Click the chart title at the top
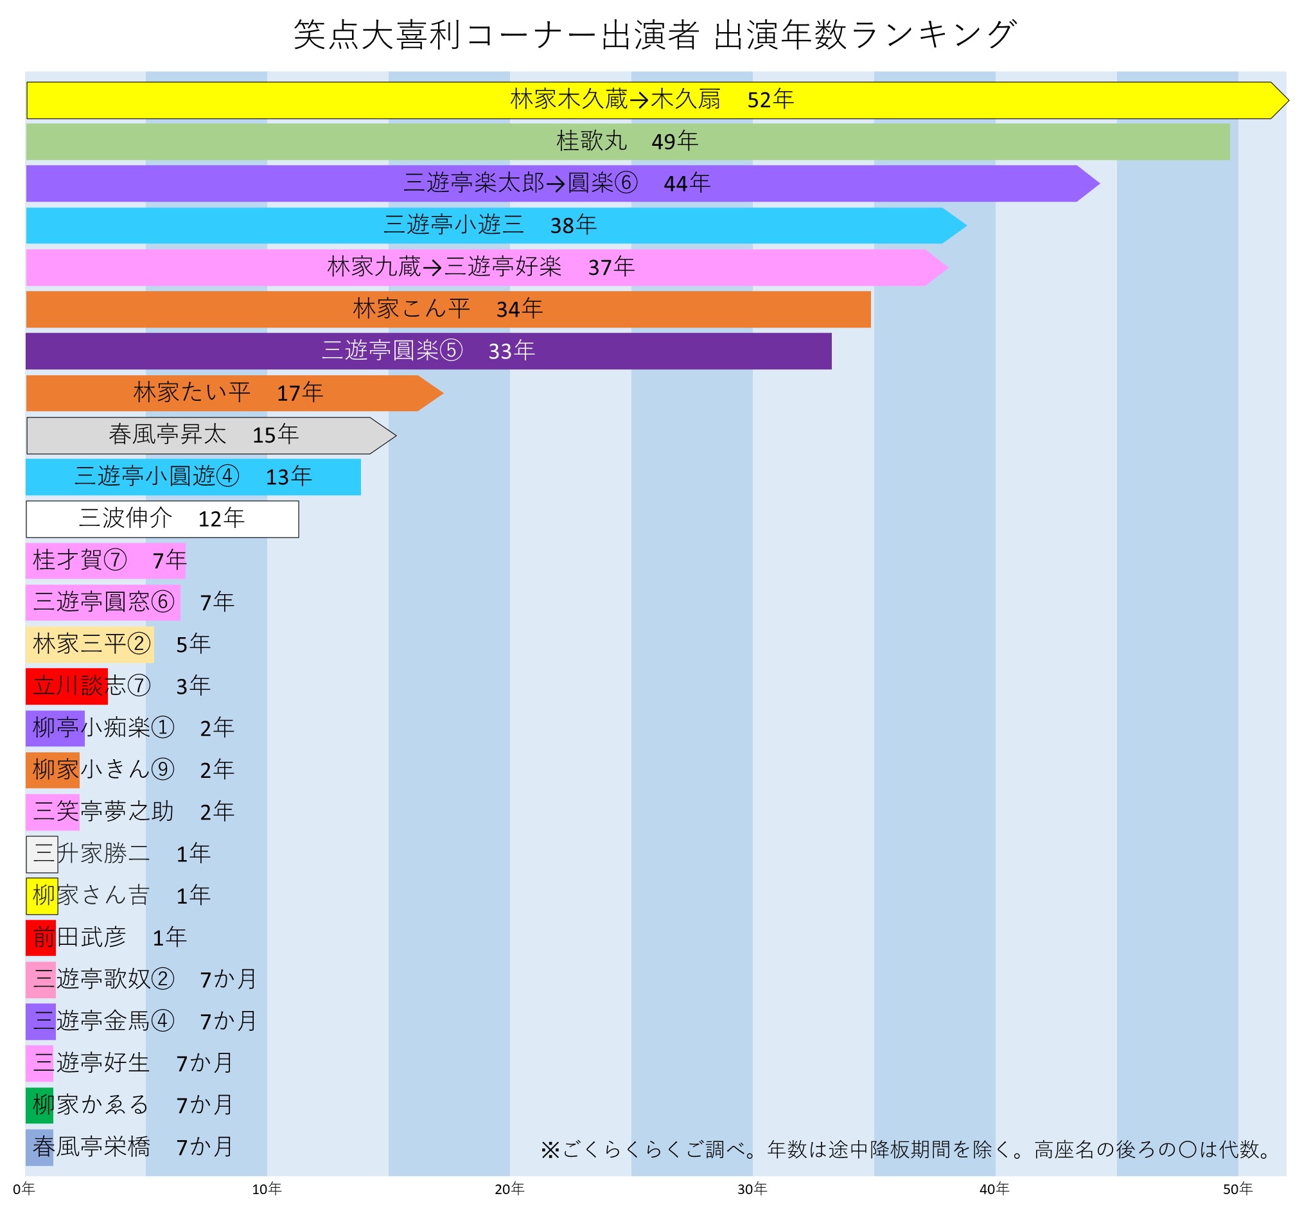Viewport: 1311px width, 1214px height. tap(655, 34)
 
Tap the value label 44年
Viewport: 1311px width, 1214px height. tap(687, 183)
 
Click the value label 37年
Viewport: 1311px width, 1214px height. tap(611, 267)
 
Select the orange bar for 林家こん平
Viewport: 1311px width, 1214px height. tap(197, 310)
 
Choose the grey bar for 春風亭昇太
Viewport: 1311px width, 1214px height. tap(66, 435)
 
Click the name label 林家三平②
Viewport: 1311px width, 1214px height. tap(92, 644)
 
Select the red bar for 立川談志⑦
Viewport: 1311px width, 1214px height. tap(66, 687)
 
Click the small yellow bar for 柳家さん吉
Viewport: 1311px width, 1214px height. tap(42, 896)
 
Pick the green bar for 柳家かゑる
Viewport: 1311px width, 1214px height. tap(39, 1105)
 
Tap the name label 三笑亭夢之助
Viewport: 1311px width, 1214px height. tap(104, 812)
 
